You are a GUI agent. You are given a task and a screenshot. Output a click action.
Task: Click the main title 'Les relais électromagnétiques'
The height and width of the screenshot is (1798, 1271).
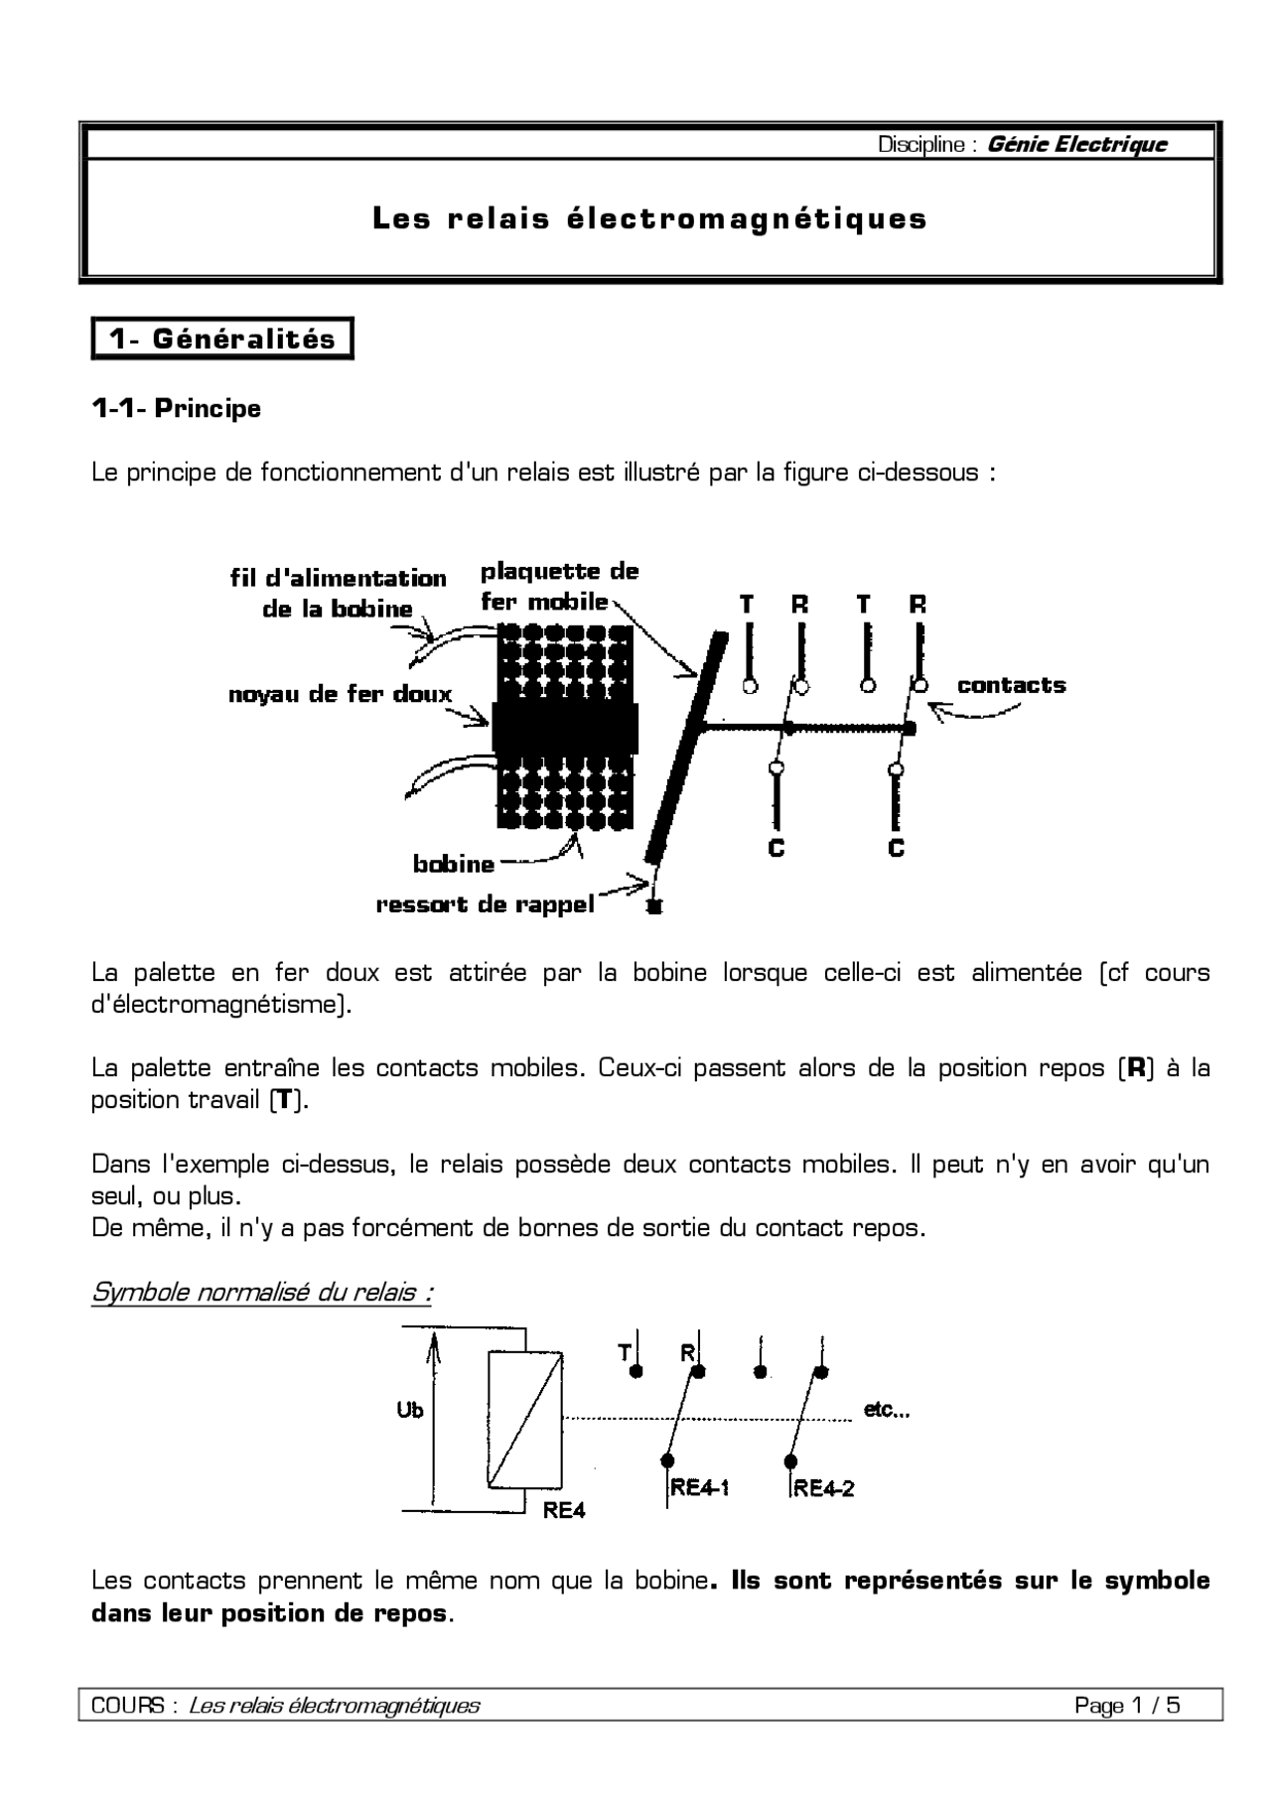(x=649, y=218)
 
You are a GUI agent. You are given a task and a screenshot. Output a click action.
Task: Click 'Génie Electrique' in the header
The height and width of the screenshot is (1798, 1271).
(x=1076, y=145)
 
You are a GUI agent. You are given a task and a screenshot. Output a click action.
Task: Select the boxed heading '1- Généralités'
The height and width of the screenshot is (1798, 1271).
(x=222, y=339)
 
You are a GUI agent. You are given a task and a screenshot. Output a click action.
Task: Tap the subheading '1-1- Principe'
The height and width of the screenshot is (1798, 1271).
(x=176, y=408)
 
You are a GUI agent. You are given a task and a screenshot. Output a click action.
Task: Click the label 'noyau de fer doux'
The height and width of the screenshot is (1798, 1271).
(x=340, y=695)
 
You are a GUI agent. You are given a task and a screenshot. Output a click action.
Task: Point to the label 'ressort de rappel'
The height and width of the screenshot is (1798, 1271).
(x=485, y=904)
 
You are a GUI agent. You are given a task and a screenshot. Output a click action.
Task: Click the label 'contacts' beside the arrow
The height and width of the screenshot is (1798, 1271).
(x=1011, y=685)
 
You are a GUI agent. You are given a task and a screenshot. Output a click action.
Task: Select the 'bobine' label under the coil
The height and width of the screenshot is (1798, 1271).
(x=454, y=864)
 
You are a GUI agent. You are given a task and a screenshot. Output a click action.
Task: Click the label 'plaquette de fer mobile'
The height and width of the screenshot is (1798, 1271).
(x=558, y=586)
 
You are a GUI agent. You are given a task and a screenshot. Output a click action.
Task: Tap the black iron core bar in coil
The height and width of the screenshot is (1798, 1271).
(x=564, y=729)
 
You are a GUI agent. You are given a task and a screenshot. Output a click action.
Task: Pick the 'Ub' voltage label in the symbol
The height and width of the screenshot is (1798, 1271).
(x=409, y=1410)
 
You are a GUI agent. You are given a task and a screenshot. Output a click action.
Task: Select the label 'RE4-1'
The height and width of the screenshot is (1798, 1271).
(x=700, y=1487)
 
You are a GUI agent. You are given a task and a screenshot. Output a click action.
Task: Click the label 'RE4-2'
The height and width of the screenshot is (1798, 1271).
(x=824, y=1487)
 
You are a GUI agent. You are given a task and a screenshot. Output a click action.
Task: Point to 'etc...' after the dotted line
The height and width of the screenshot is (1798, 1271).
(x=886, y=1409)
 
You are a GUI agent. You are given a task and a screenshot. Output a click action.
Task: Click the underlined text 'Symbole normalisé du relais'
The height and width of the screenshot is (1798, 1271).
(x=261, y=1293)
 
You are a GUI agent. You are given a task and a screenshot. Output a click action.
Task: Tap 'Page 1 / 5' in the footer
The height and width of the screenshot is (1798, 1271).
(x=1127, y=1706)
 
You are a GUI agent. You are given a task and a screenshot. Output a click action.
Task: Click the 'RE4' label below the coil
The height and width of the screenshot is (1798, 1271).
(x=564, y=1511)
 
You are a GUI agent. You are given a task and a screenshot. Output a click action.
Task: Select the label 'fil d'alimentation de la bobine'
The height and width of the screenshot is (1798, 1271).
(x=338, y=593)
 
